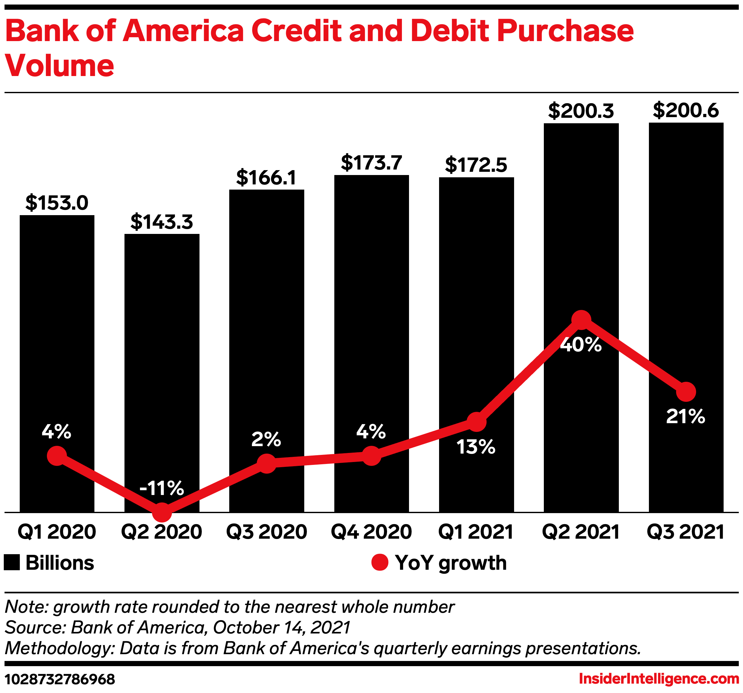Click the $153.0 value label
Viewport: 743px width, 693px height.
click(x=57, y=203)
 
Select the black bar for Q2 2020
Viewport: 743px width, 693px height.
click(x=162, y=336)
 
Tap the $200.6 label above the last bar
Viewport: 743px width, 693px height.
click(x=686, y=111)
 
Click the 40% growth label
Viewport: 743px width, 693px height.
click(x=581, y=345)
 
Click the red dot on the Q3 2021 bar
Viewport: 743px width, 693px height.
click(x=686, y=392)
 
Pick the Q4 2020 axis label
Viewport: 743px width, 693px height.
click(x=371, y=532)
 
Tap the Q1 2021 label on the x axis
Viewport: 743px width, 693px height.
click(x=476, y=532)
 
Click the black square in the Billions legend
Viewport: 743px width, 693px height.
click(x=12, y=563)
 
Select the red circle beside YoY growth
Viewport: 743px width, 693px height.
click(x=380, y=563)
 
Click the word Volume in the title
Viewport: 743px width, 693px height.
click(x=60, y=66)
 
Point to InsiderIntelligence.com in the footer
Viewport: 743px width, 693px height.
click(x=659, y=679)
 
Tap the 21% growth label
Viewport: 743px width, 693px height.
click(x=685, y=417)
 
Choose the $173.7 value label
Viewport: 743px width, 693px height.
click(x=371, y=163)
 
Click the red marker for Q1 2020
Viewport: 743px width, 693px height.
click(x=57, y=456)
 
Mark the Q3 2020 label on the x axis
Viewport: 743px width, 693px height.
click(x=266, y=532)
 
